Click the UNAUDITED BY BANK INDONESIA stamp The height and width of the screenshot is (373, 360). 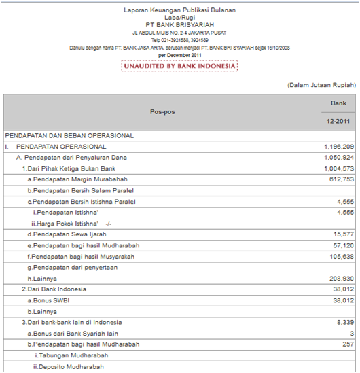click(x=179, y=66)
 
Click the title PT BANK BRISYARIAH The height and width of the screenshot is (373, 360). click(x=179, y=25)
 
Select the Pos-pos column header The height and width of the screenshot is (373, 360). click(x=162, y=110)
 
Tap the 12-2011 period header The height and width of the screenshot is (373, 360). click(x=338, y=120)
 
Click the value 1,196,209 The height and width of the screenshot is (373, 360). click(x=338, y=146)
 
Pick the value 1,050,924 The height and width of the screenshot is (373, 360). click(x=338, y=157)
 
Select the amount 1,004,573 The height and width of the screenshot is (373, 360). click(x=338, y=168)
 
